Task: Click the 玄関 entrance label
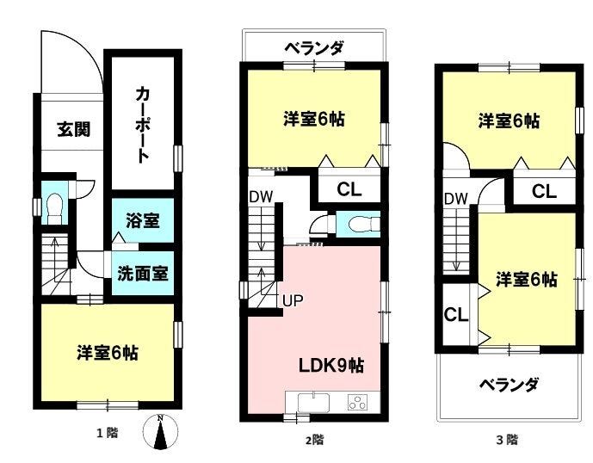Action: click(74, 129)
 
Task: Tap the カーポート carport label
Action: click(143, 125)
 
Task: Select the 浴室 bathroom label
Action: click(143, 220)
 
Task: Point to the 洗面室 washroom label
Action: click(143, 273)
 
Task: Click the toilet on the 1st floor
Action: click(55, 209)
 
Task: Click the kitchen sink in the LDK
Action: click(313, 403)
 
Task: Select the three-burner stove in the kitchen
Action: click(358, 403)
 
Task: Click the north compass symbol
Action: click(160, 432)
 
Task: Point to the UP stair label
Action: click(293, 300)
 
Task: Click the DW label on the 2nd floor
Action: click(261, 197)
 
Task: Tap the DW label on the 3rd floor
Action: click(456, 199)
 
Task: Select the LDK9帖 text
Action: click(331, 366)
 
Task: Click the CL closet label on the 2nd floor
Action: click(349, 189)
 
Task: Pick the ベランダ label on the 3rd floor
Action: click(510, 385)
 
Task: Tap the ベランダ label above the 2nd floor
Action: click(315, 48)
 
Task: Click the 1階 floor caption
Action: click(108, 432)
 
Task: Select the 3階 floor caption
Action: click(507, 440)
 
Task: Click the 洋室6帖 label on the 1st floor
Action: click(108, 353)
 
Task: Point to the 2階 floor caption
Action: click(315, 440)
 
